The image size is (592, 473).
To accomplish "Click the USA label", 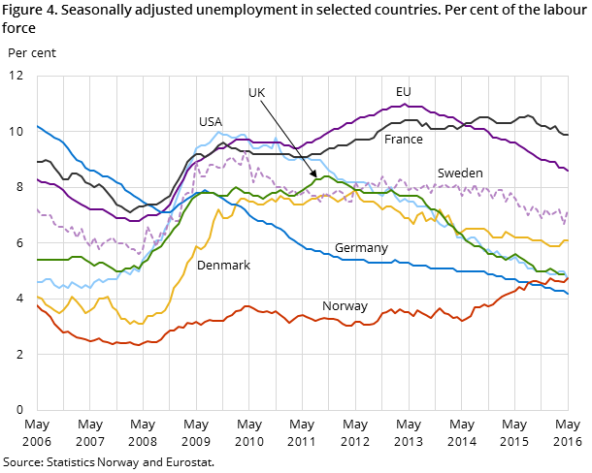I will click(210, 122).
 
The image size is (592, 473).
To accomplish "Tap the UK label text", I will click(256, 93).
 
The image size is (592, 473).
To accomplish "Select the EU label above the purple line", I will click(403, 92).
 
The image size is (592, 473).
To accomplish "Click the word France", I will click(403, 140).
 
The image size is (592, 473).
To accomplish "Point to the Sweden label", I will click(459, 173).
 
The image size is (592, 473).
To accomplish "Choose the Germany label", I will click(361, 248).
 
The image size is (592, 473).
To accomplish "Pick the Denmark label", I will click(223, 266).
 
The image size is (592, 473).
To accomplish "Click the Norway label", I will click(345, 306).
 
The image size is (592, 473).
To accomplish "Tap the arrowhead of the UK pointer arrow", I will click(314, 175).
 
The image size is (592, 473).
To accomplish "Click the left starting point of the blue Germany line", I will click(37, 126).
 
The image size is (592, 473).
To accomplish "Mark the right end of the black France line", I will click(568, 135).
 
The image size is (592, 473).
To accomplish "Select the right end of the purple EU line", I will click(568, 171).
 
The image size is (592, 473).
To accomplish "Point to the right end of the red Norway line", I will click(568, 278).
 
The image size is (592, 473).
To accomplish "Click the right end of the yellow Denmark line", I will click(568, 241).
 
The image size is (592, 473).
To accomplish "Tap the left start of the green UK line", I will click(37, 260).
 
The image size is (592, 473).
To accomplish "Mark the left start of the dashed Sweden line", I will click(37, 209).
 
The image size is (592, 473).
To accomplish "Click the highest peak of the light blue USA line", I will click(218, 133).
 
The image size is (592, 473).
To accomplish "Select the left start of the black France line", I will click(37, 162).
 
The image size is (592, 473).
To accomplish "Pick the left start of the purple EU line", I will click(37, 178).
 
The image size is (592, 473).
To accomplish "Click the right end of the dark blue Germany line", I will click(568, 294).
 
